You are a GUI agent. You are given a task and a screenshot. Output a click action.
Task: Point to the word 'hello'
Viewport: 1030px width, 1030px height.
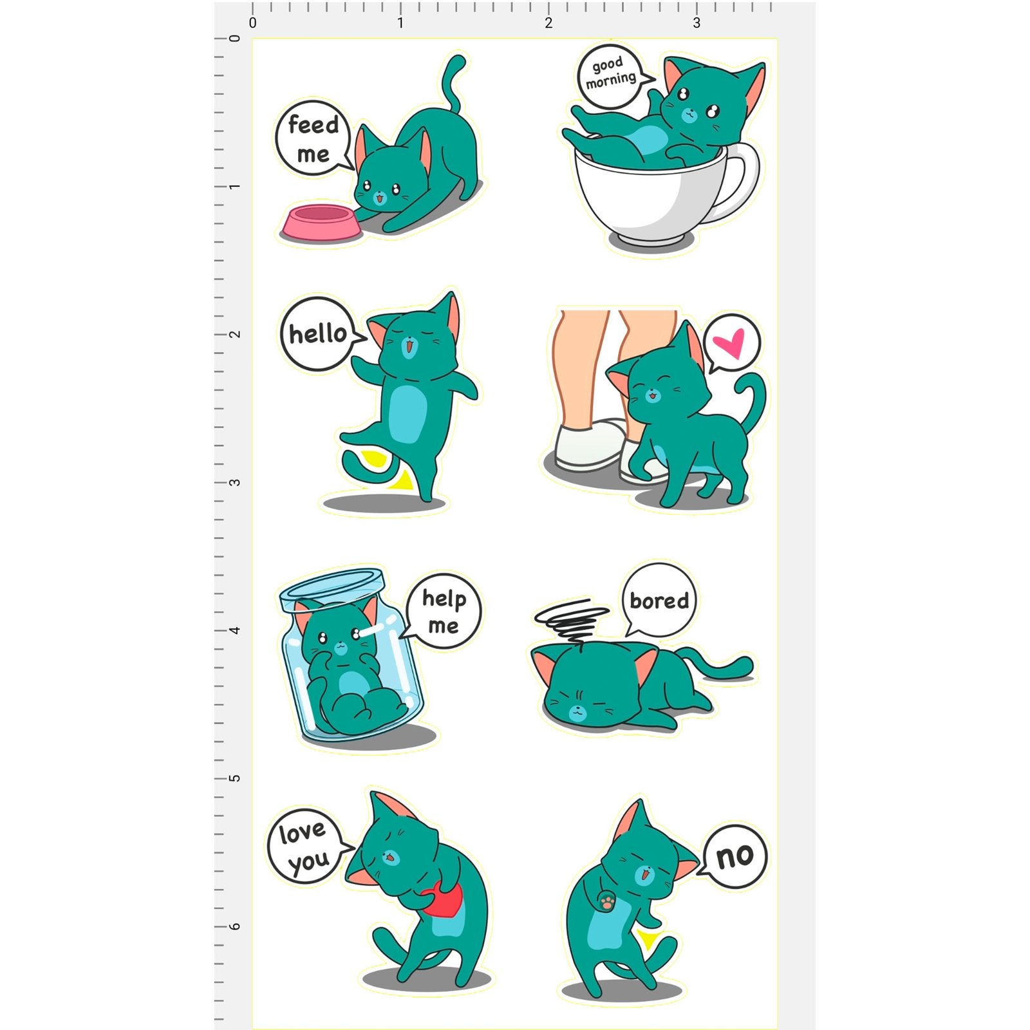coord(317,334)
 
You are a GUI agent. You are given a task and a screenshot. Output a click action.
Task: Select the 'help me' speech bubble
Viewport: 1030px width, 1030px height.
coord(443,612)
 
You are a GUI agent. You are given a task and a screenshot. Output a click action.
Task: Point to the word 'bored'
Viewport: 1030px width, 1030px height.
coord(659,601)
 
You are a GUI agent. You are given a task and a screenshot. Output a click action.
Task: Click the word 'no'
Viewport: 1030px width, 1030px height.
coord(735,857)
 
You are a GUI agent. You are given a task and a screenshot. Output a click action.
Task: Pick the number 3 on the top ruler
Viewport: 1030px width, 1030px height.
coord(697,23)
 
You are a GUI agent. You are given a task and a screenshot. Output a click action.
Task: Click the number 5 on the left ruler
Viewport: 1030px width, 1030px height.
coord(235,778)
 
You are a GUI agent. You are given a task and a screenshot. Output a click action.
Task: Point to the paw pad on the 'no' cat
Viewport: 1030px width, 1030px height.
coord(606,903)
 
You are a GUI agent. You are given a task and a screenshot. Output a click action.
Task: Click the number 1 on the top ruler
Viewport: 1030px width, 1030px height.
coord(400,23)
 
